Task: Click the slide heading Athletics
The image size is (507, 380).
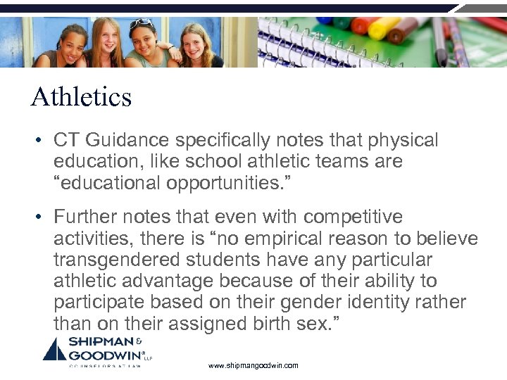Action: [x=81, y=96]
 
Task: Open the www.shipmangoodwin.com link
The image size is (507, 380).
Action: [x=254, y=365]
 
